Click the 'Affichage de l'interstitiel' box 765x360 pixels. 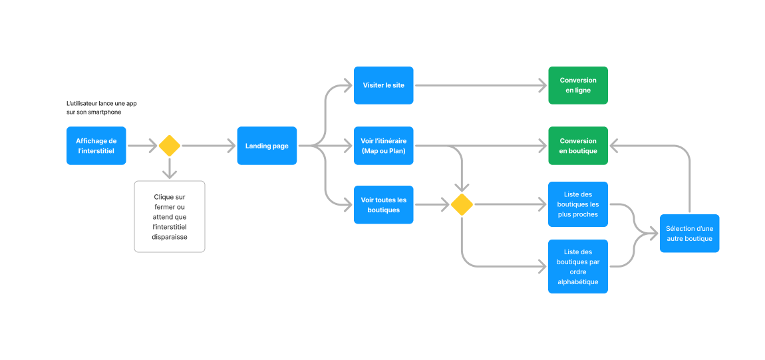tap(96, 146)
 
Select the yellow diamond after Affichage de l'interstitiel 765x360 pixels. tap(169, 146)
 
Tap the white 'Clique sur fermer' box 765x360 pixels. tap(169, 217)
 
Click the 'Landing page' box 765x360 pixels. tap(267, 146)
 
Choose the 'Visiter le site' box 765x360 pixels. tap(383, 85)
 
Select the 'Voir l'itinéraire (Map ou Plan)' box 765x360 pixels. tap(383, 146)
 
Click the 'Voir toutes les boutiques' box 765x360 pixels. tap(383, 205)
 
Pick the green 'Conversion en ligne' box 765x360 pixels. tap(577, 85)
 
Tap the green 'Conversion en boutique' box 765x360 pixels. tap(577, 146)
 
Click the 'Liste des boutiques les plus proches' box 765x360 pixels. tap(577, 204)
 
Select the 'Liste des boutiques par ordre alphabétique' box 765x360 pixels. tap(577, 266)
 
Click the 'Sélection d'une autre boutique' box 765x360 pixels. tap(689, 234)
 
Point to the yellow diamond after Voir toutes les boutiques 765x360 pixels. tap(461, 205)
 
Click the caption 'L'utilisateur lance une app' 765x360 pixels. tap(101, 103)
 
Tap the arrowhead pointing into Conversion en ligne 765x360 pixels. tap(542, 85)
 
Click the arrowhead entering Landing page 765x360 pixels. tap(231, 146)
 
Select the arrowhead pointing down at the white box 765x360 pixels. tap(169, 174)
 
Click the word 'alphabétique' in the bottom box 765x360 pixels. tap(577, 281)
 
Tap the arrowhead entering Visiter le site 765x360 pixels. tap(347, 85)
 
